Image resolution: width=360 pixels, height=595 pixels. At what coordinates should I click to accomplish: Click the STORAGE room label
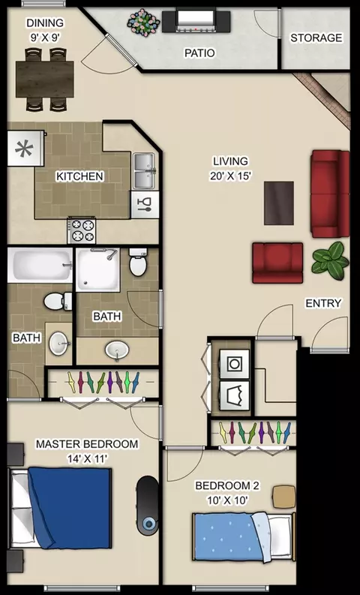pos(316,38)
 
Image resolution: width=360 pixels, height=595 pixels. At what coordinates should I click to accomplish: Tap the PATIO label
pos(199,53)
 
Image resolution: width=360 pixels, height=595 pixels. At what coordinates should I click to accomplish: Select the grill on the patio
pos(196,21)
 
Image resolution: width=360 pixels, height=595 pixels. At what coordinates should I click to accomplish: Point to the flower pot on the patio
pos(144,23)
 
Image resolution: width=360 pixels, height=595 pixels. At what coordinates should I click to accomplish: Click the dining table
pos(45,79)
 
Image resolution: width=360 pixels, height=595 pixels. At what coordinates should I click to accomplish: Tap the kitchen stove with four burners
pos(82,230)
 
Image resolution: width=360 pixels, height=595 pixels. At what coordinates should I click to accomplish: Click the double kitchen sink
pos(144,171)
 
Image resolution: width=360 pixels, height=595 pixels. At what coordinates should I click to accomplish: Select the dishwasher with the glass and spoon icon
pos(145,204)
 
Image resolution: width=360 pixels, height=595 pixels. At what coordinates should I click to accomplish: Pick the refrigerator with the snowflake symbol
pos(25,148)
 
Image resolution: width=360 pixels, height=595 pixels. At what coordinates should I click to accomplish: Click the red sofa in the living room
pos(330,194)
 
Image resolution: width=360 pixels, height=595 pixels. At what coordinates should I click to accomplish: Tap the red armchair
pos(277,263)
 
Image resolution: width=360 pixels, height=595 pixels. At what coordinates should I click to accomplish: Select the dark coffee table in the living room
pos(279,203)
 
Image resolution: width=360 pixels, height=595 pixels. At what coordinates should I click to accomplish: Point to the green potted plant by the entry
pos(330,260)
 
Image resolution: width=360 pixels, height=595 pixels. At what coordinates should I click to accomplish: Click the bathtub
pos(40,265)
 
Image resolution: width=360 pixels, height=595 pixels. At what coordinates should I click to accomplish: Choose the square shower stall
pos(97,269)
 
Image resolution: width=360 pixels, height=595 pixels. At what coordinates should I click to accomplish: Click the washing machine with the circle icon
pos(235,364)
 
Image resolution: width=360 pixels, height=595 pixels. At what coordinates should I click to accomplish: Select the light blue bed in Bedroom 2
pos(244,536)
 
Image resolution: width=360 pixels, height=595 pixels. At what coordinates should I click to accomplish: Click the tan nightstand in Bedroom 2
pos(284,497)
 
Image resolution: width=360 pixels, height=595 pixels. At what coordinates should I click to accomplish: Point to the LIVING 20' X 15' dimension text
pos(231,169)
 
